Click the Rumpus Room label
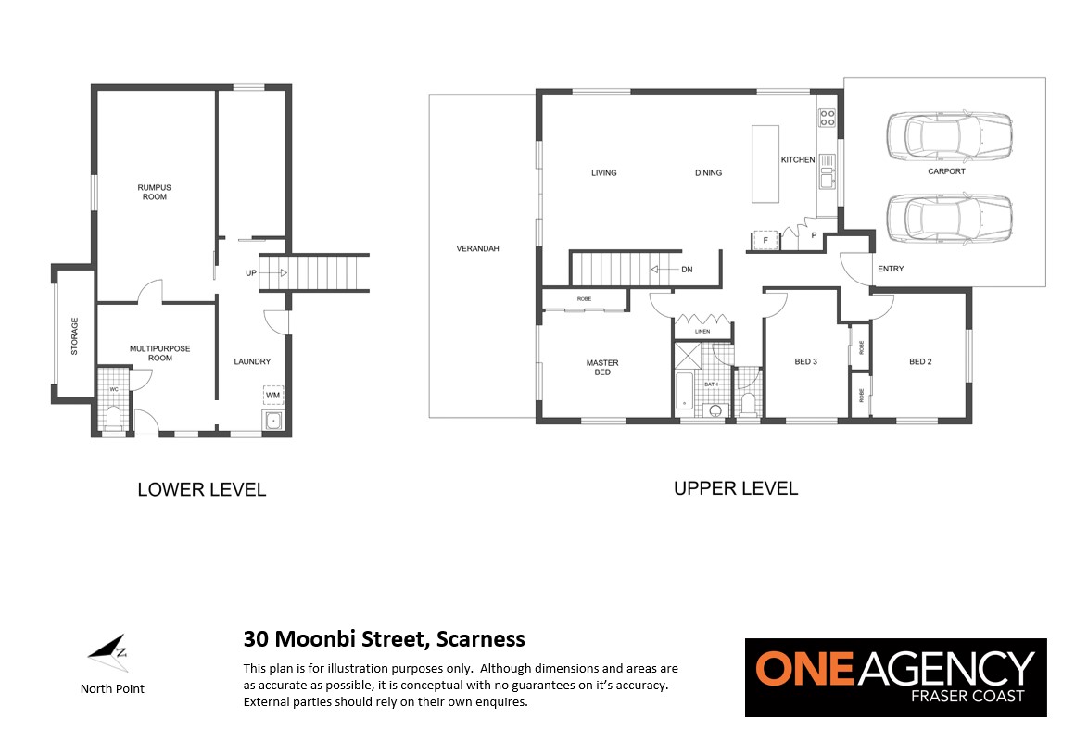(154, 192)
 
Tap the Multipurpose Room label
(159, 353)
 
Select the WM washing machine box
(272, 396)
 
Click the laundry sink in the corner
(272, 421)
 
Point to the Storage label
(75, 336)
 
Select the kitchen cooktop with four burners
(828, 118)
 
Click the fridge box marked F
(765, 240)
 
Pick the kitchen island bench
(765, 164)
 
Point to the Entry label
(891, 269)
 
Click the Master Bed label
(602, 368)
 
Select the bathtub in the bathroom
(685, 391)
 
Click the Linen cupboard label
(702, 331)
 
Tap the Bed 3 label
(805, 361)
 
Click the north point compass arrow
(108, 649)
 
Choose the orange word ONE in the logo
(805, 668)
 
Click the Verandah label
(478, 248)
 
